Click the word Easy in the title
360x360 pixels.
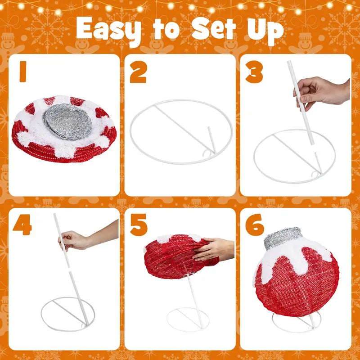108,30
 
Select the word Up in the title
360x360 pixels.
265,31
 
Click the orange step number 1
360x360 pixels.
23,71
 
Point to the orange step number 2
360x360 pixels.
138,72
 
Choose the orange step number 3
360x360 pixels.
254,72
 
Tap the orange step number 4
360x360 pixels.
22,225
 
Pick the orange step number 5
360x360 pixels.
139,225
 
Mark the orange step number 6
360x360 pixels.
255,225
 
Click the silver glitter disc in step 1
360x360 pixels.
67,121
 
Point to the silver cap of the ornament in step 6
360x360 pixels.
283,238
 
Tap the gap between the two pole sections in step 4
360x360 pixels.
69,270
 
